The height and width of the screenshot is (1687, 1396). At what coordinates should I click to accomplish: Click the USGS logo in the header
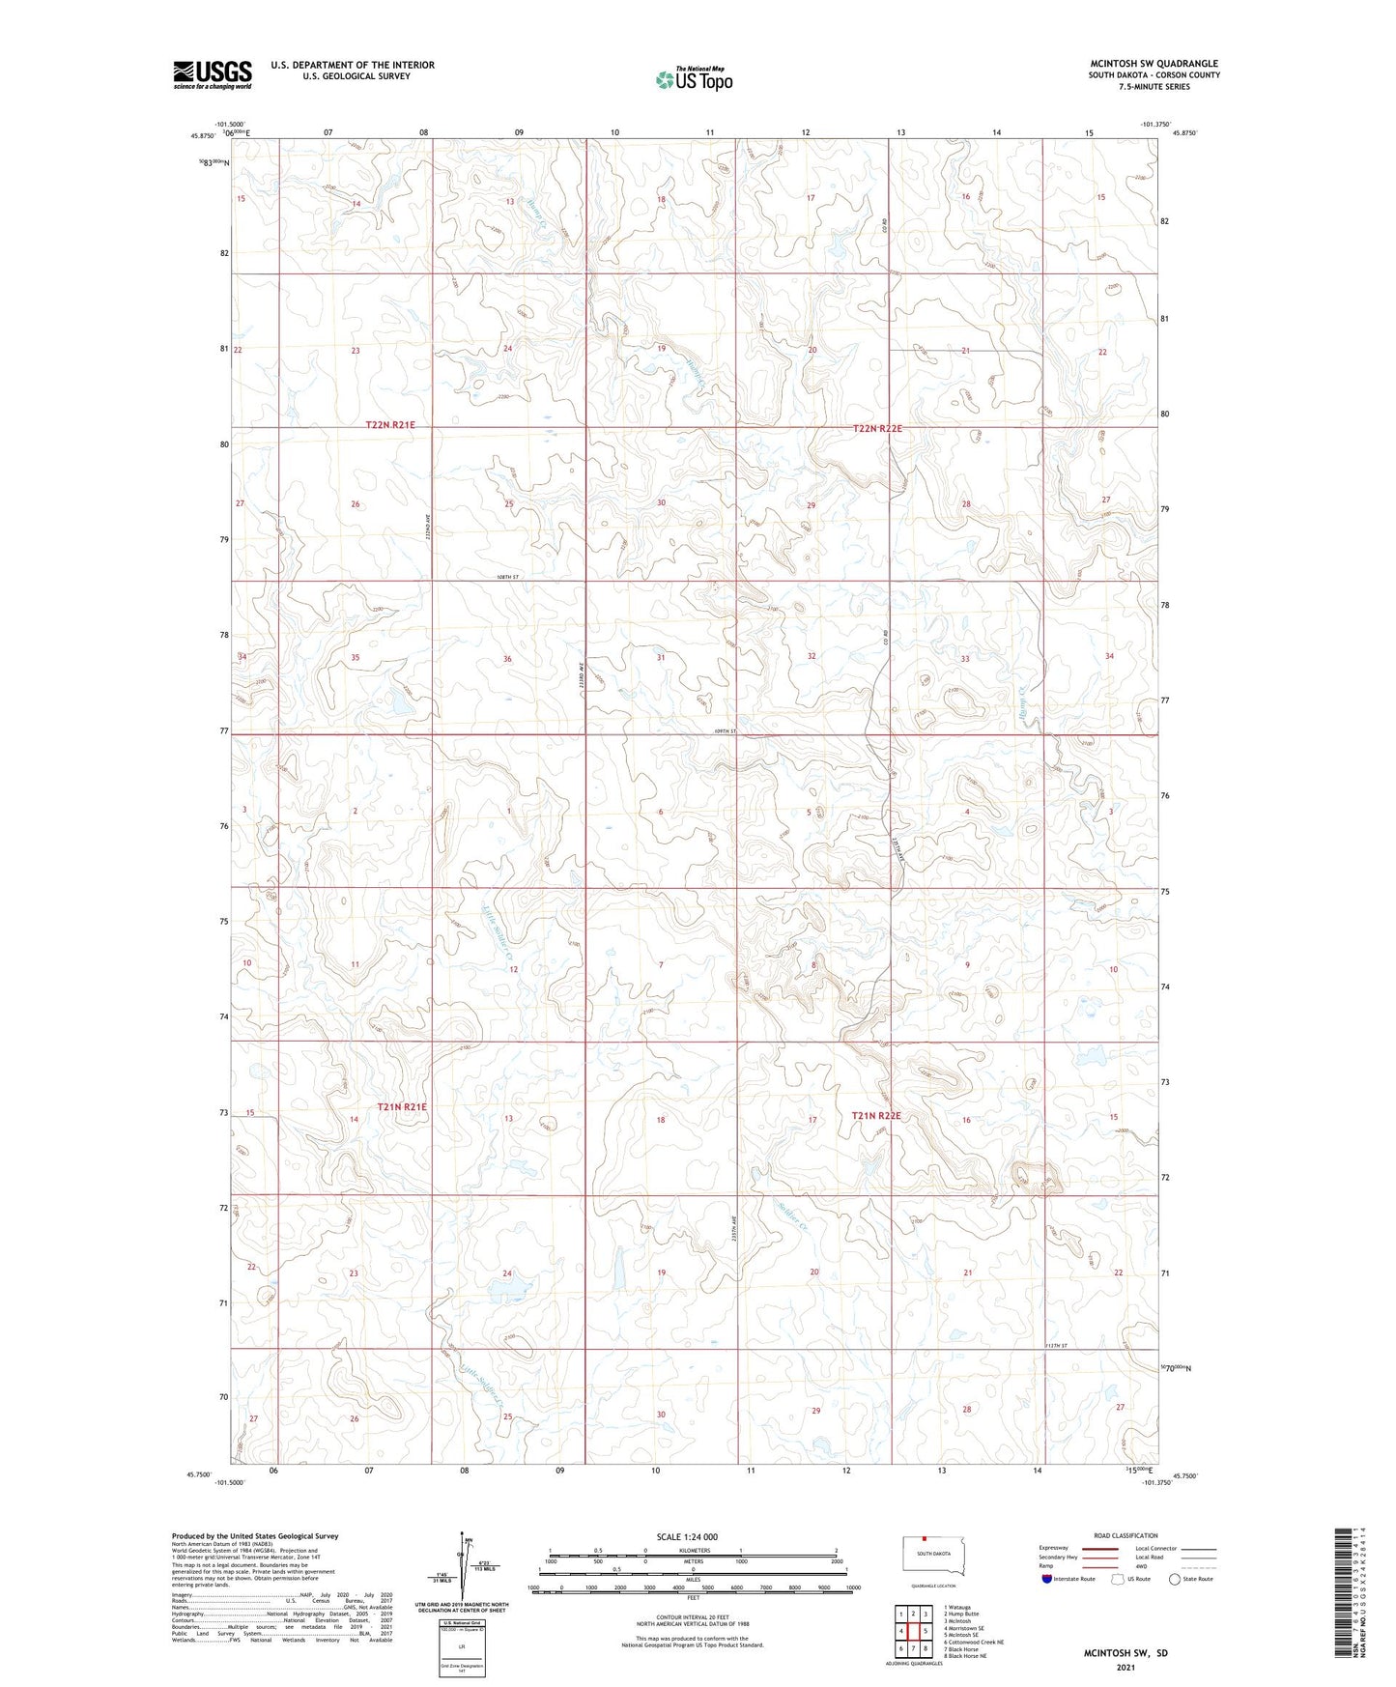(213, 74)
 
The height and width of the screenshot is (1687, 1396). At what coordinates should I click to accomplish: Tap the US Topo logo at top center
(694, 79)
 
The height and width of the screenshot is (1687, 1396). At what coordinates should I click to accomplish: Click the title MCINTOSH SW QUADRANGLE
(1154, 64)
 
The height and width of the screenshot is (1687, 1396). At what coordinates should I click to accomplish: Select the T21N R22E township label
(876, 1116)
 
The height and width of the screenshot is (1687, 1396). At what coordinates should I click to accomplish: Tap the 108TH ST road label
(508, 577)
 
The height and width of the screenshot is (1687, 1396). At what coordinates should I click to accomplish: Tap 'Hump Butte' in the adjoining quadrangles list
(961, 1614)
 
